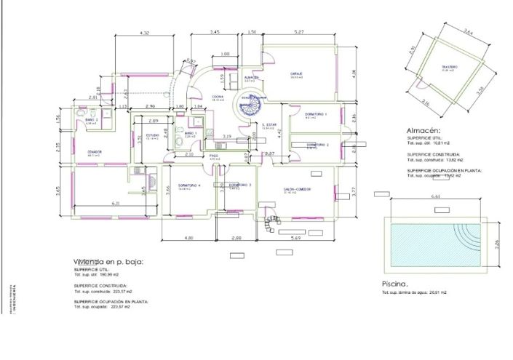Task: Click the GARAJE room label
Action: point(297,73)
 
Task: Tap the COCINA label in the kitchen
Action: point(217,96)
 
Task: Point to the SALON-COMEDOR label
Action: point(298,188)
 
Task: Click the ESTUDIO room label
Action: point(152,135)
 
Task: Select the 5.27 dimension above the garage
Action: point(298,33)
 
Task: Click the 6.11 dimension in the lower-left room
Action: point(115,204)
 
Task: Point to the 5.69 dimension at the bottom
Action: point(296,238)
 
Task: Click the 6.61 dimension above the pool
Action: point(436,196)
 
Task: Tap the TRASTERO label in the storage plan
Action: point(448,67)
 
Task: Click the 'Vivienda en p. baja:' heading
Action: point(108,262)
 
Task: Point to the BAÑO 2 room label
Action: point(91,119)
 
